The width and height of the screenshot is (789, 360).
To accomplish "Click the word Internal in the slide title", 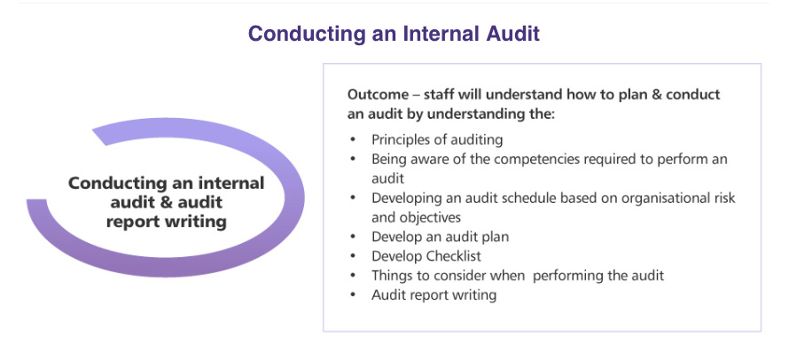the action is (x=441, y=34).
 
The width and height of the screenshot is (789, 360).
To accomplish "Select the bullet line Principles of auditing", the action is (x=437, y=139).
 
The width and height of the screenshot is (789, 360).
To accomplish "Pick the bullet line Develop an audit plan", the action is (x=440, y=237).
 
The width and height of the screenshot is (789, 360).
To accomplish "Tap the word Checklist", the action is (x=453, y=255).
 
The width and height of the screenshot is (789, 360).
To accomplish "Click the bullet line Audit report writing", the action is (x=434, y=295).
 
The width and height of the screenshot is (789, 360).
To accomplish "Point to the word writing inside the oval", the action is (x=198, y=222).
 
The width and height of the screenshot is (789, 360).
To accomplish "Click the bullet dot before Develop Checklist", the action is (x=353, y=255).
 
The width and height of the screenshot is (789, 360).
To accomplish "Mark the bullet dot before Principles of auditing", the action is (x=353, y=139).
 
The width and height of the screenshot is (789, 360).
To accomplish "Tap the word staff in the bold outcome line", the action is (x=439, y=95).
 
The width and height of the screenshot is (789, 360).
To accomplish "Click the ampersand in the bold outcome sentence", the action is (x=657, y=95).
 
